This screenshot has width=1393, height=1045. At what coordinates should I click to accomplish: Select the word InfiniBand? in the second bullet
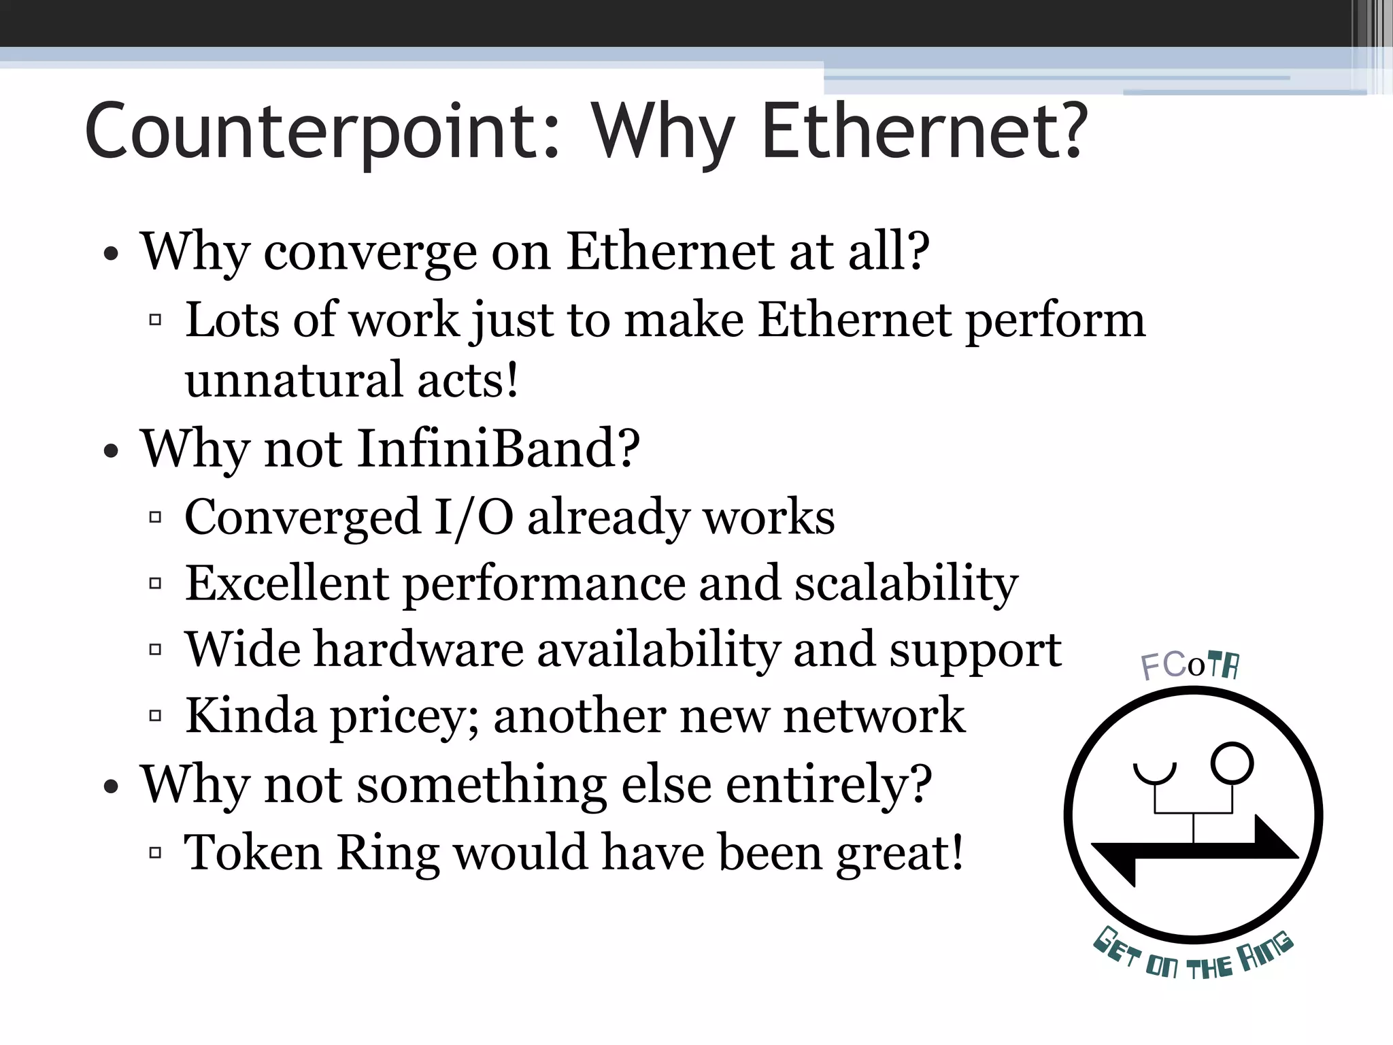click(499, 448)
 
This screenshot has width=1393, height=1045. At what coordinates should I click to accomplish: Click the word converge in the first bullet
click(371, 252)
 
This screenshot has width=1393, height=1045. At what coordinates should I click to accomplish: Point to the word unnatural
click(294, 380)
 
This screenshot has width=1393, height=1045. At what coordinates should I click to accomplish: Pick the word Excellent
click(286, 583)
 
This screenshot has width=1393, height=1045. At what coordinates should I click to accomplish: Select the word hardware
click(418, 649)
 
